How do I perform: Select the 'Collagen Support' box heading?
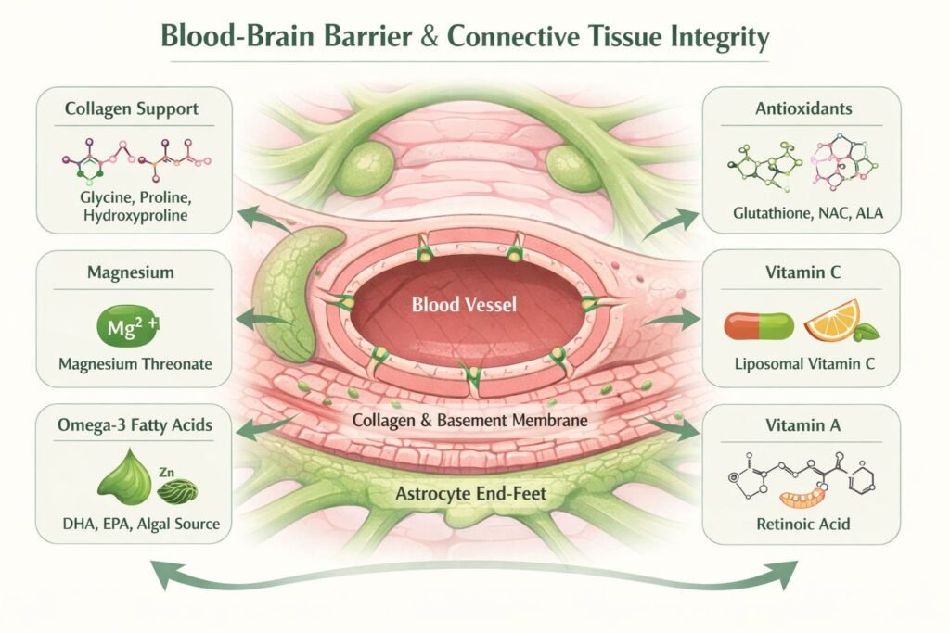click(131, 109)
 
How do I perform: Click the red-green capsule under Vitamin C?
click(758, 325)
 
